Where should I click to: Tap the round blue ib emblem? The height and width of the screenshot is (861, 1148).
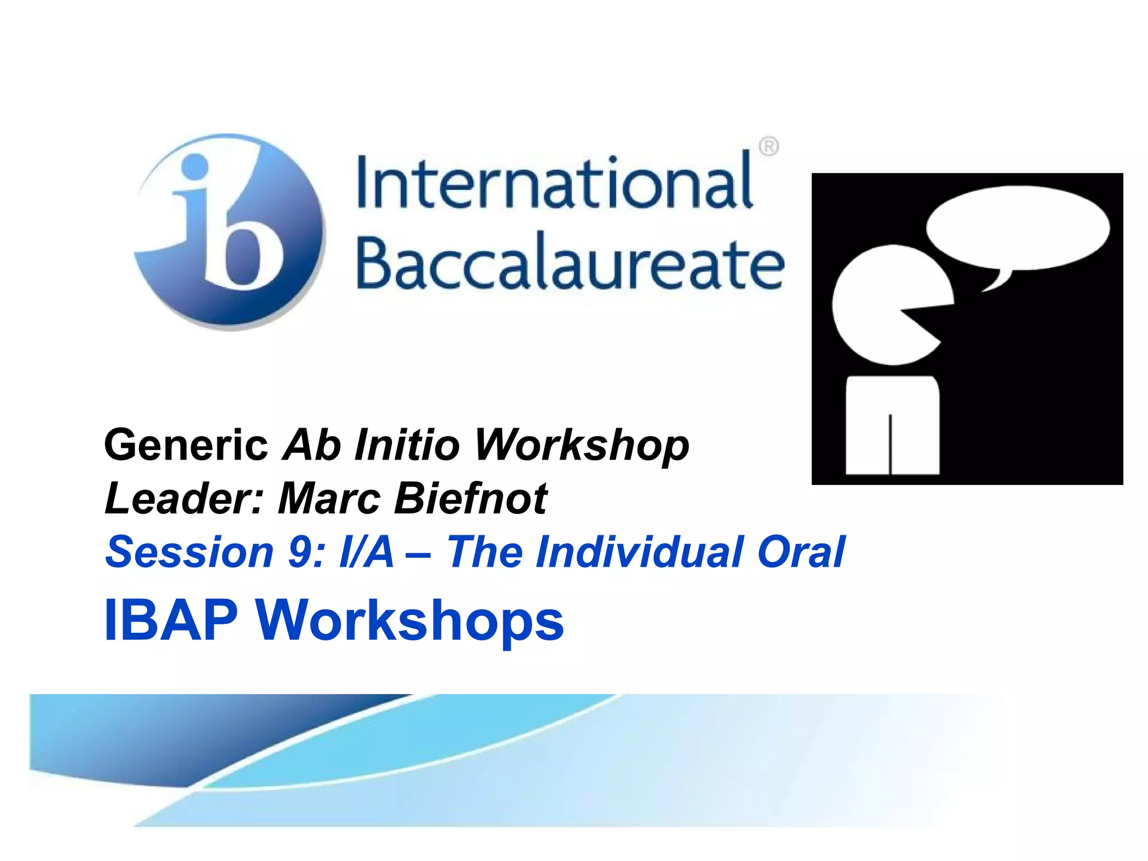[x=230, y=231]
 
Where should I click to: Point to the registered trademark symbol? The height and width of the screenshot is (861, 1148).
[x=769, y=147]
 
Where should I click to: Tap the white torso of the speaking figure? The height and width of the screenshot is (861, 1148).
[x=892, y=426]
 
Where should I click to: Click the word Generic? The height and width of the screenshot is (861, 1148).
[x=186, y=445]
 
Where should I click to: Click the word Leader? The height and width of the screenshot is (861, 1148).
[x=184, y=498]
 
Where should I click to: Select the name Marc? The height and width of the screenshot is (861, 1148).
[x=330, y=498]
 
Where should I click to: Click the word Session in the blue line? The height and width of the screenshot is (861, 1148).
[x=189, y=552]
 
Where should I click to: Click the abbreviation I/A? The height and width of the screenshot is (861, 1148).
[x=367, y=552]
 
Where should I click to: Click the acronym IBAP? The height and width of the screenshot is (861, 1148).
[x=171, y=621]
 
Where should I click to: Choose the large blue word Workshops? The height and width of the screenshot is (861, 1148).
[x=409, y=621]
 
